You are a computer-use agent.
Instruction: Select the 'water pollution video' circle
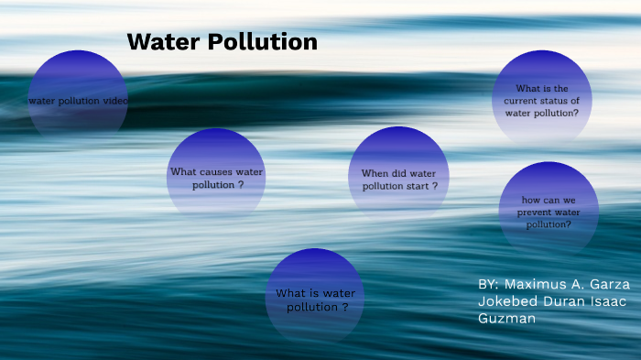pyautogui.click(x=79, y=99)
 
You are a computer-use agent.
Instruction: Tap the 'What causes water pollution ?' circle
pyautogui.click(x=216, y=177)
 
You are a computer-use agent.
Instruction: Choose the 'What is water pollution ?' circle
pyautogui.click(x=315, y=299)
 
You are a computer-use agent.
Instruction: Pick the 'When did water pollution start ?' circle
pyautogui.click(x=398, y=178)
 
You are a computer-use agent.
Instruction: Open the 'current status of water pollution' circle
pyautogui.click(x=541, y=99)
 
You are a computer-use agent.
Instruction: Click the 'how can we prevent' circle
pyautogui.click(x=549, y=212)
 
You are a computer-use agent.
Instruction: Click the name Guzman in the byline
pyautogui.click(x=506, y=318)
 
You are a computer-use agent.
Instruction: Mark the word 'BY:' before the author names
pyautogui.click(x=489, y=285)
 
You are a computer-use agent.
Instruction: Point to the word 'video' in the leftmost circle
pyautogui.click(x=115, y=100)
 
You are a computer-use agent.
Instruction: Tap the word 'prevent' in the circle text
pyautogui.click(x=533, y=213)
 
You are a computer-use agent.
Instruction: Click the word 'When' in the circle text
pyautogui.click(x=375, y=173)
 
